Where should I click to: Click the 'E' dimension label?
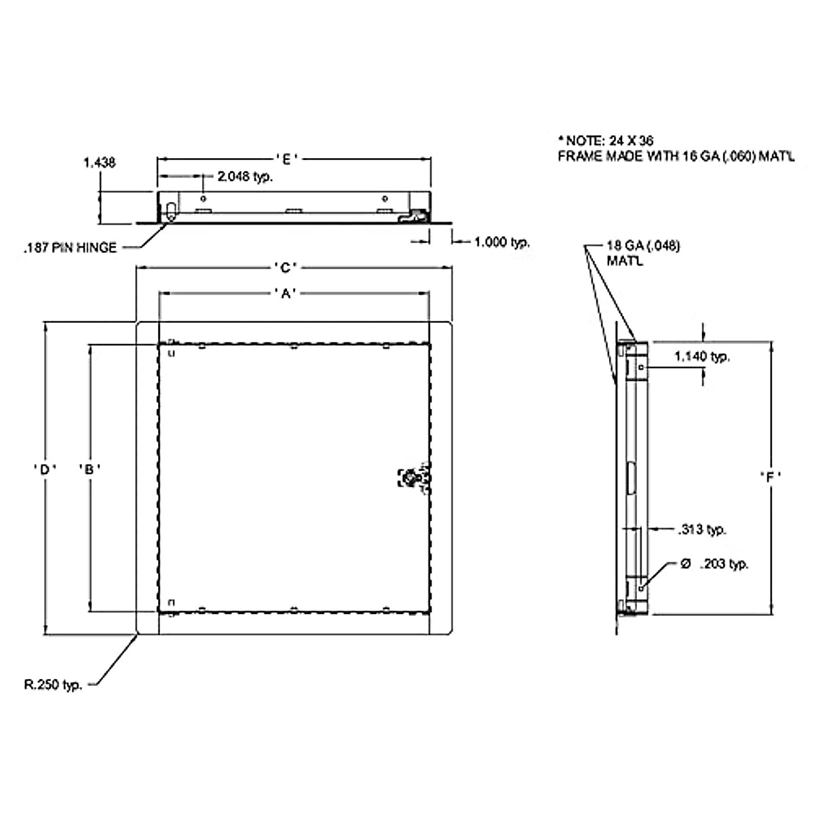[x=287, y=159]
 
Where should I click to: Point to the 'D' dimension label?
[x=45, y=468]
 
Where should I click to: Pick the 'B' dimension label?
[x=90, y=468]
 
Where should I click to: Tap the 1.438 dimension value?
[x=100, y=163]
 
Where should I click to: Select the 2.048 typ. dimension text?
[x=245, y=177]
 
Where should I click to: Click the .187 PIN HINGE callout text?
[x=70, y=248]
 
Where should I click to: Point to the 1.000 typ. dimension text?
[x=502, y=241]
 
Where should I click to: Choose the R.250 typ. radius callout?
[x=53, y=684]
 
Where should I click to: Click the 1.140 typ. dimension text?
[x=702, y=356]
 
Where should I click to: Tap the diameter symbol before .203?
[x=685, y=564]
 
